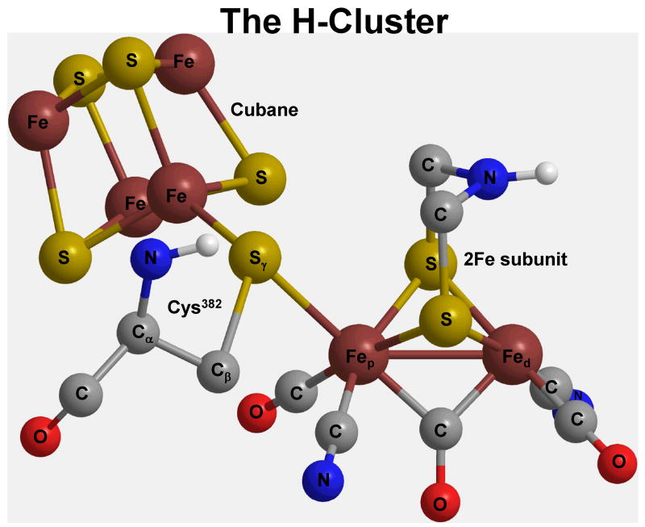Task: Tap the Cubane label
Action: pos(264,109)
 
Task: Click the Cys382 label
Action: pos(193,307)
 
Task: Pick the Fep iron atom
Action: pos(360,359)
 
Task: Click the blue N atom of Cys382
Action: pos(151,259)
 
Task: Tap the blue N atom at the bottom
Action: pos(322,480)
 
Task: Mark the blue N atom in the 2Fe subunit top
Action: pos(489,177)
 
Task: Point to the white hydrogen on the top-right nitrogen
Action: pos(547,171)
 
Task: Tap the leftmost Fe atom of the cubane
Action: pos(37,122)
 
